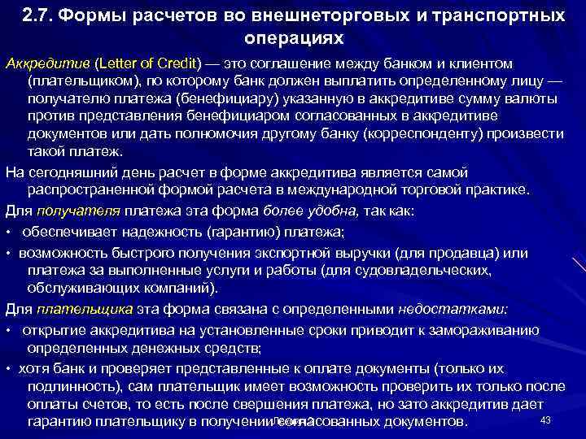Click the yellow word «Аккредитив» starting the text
[47, 64]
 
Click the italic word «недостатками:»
[452, 309]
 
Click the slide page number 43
[546, 419]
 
